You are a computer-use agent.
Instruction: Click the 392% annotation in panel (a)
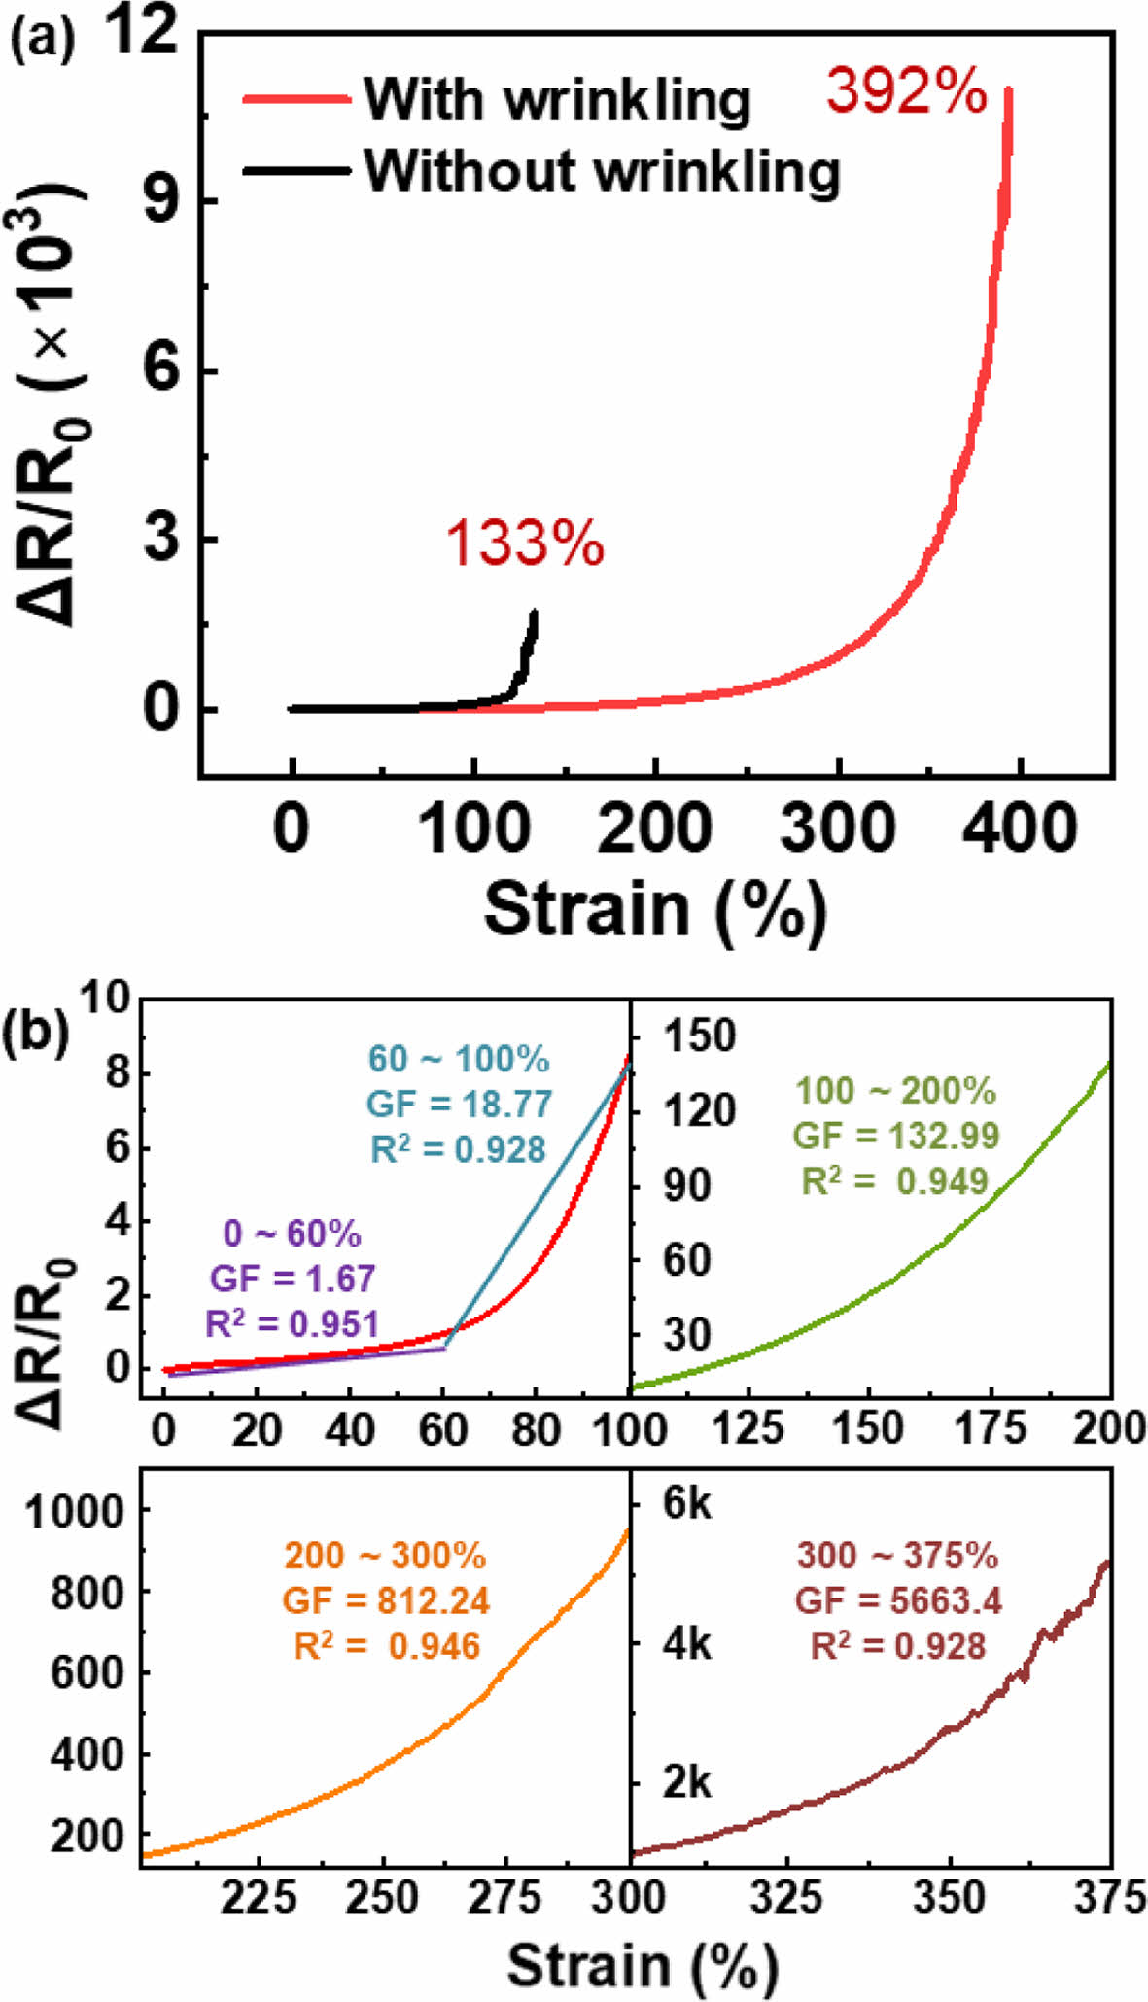[906, 93]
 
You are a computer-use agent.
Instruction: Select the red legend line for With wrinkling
[296, 99]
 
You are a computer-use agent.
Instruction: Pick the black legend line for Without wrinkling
[296, 171]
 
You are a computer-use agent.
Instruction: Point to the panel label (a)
[42, 41]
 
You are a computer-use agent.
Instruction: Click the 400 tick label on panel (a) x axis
[1020, 829]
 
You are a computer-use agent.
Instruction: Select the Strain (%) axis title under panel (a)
[655, 910]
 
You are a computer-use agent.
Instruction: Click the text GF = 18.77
[459, 1104]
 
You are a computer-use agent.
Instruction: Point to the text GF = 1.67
[293, 1278]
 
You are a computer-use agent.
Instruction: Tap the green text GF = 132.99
[895, 1135]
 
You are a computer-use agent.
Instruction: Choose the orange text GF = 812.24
[386, 1599]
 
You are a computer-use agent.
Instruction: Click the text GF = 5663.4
[898, 1599]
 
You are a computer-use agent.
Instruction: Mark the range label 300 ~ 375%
[897, 1555]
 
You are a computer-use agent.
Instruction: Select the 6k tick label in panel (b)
[686, 1503]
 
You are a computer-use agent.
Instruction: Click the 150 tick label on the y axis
[699, 1036]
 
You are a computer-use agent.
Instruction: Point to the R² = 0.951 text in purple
[292, 1323]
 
